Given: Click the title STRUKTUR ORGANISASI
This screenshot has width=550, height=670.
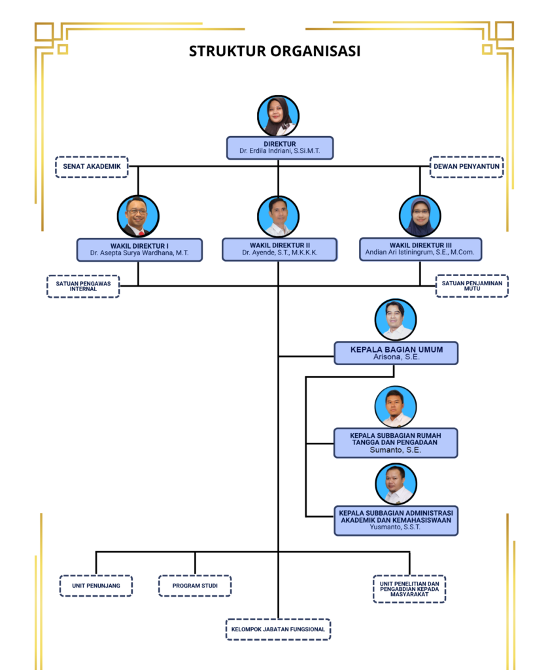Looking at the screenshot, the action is (x=275, y=51).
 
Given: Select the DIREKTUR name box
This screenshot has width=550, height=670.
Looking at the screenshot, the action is (x=280, y=148).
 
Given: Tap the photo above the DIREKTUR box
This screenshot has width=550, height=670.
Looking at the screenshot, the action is (x=278, y=116).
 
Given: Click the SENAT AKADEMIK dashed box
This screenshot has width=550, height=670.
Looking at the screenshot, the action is (x=92, y=167).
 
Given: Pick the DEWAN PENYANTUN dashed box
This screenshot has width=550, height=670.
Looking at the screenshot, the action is (x=467, y=167).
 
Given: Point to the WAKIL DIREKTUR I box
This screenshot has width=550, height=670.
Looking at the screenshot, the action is (x=139, y=249).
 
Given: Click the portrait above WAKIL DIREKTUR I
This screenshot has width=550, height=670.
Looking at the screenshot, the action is (x=138, y=216).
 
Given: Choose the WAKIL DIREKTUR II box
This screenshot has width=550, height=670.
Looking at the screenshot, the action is (x=280, y=249).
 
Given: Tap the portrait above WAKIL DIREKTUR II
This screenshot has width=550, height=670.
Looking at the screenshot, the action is (x=278, y=216).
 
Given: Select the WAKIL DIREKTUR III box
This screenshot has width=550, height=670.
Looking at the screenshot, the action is (x=421, y=249).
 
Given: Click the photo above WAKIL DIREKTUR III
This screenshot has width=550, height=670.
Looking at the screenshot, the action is (x=420, y=216).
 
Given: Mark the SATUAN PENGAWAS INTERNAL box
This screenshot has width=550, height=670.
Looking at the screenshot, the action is (x=83, y=287).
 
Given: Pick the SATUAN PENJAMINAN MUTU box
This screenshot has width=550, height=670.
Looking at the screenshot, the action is (x=472, y=286).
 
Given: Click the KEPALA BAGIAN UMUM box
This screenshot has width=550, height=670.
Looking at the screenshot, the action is (x=396, y=353).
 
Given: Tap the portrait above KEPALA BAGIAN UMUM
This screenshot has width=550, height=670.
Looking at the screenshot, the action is (x=396, y=319).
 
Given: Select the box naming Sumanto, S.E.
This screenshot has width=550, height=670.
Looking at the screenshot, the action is (x=396, y=443).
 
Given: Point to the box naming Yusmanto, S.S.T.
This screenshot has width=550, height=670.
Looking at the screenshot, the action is (x=396, y=520).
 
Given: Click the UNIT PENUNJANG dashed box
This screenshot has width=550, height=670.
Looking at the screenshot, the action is (x=96, y=586).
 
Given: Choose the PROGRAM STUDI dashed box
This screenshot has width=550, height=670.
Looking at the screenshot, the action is (x=195, y=586).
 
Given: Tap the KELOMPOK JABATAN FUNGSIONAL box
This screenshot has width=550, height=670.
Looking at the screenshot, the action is (x=278, y=629).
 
